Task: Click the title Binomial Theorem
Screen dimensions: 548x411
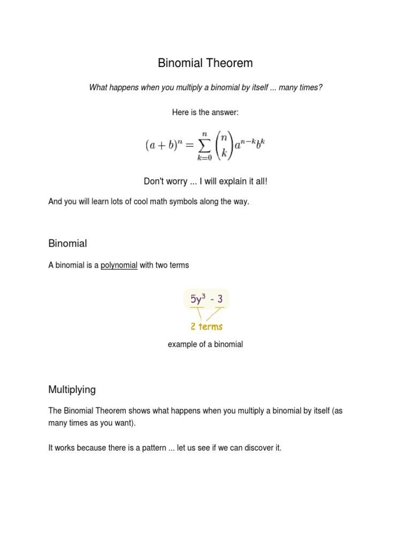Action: (205, 63)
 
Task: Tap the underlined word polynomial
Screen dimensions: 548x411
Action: (119, 265)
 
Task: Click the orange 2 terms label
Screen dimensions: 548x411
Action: (207, 326)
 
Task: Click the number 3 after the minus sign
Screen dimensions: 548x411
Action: (219, 299)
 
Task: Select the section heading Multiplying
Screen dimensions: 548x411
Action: (72, 390)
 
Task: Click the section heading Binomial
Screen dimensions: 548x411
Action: (67, 243)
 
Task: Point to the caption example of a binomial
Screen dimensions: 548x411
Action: (205, 344)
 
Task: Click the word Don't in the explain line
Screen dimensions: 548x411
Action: (155, 181)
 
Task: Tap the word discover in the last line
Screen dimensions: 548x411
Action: (250, 447)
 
